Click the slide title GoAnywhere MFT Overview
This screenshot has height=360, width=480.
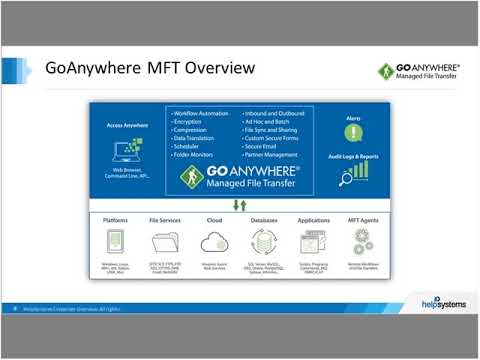tap(150, 68)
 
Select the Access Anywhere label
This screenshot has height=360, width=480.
tap(127, 126)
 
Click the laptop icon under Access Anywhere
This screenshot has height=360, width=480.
tap(127, 152)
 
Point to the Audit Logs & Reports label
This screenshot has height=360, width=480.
tap(353, 156)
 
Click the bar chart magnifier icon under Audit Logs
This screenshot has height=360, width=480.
tap(353, 174)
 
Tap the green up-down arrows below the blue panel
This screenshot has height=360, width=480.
tap(240, 205)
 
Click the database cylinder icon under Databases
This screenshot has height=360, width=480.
tap(263, 241)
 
